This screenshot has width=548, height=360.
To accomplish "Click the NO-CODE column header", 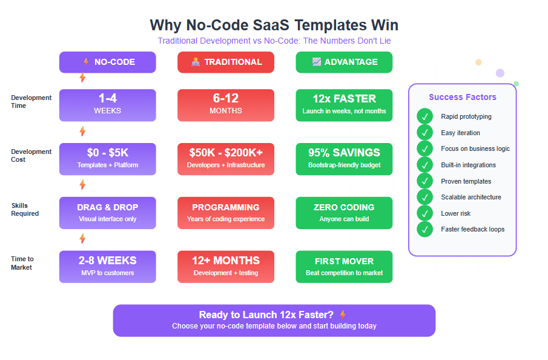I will click(x=107, y=62).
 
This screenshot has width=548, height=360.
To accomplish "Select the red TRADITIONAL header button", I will click(x=225, y=62).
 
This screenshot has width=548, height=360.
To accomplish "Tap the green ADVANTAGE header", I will click(x=344, y=62).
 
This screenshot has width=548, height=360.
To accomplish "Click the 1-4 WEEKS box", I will click(x=107, y=105).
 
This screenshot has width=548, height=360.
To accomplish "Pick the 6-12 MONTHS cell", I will click(x=225, y=105).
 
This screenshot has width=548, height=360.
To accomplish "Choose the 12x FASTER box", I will click(x=344, y=105).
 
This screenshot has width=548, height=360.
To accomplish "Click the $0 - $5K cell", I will click(x=107, y=159).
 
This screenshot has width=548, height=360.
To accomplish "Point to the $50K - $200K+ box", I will click(x=225, y=159).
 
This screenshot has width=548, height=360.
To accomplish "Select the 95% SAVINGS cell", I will click(x=344, y=159).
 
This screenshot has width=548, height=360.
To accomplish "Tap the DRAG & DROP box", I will click(x=107, y=213).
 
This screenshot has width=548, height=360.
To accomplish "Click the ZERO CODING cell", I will click(x=344, y=213).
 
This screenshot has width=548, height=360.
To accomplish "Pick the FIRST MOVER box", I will click(x=344, y=267).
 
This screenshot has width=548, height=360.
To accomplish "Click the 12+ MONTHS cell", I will click(x=225, y=267).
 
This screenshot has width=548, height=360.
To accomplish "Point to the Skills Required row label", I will click(x=25, y=210).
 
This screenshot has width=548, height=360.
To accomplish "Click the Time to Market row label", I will click(x=22, y=263).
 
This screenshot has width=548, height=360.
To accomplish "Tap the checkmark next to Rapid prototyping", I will click(x=425, y=116).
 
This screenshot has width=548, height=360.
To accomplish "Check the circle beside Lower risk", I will click(x=425, y=213).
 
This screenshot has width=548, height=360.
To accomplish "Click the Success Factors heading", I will click(x=463, y=97).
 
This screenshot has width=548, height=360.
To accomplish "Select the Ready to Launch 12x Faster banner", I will click(x=274, y=320).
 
